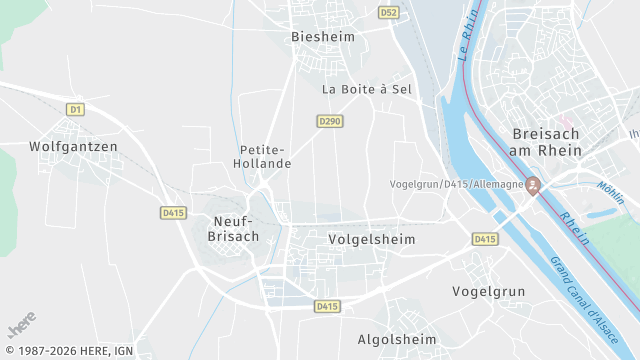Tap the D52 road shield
389,13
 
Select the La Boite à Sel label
367,89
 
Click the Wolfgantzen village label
73,146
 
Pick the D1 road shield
75,108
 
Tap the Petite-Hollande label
262,156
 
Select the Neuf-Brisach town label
237,229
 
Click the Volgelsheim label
371,240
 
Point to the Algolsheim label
397,340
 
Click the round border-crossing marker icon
533,185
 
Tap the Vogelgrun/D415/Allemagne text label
456,185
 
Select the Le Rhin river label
465,41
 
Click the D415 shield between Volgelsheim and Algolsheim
327,306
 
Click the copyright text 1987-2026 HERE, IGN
67,351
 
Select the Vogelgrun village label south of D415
489,291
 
